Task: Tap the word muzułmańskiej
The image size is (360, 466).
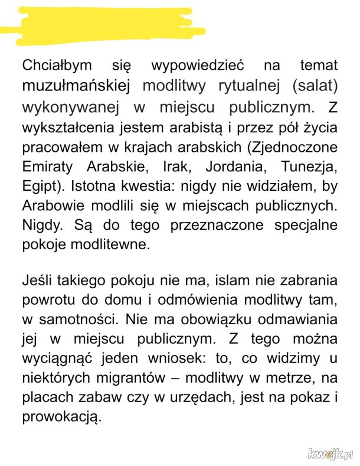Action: [76, 86]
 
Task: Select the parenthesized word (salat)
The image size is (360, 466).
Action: [314, 86]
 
